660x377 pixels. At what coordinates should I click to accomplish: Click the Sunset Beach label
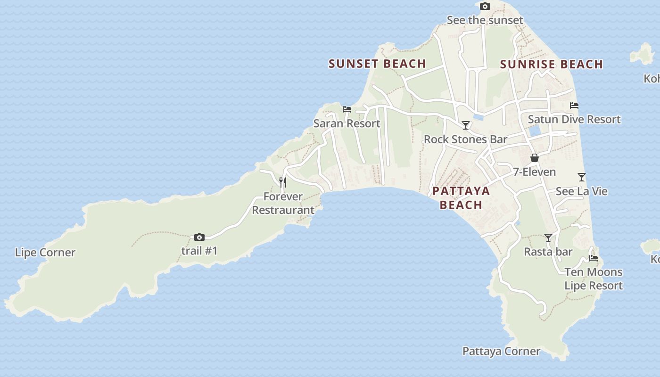click(377, 64)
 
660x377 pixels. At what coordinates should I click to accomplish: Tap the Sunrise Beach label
click(551, 64)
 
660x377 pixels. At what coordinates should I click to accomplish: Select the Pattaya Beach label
click(461, 198)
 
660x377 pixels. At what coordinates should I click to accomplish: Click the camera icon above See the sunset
click(485, 7)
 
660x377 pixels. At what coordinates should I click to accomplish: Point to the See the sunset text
click(485, 20)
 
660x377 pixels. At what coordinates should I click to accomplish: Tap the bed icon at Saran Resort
click(347, 109)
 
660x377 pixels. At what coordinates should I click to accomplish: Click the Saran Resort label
click(346, 123)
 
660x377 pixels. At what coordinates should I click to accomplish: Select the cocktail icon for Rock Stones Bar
click(466, 125)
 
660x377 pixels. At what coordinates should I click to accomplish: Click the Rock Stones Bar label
click(465, 139)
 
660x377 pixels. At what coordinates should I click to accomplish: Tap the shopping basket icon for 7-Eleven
click(535, 158)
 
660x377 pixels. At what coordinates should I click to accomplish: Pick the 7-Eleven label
click(534, 172)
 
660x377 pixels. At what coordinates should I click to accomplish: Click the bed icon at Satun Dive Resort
click(574, 106)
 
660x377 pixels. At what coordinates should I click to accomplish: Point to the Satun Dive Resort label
click(574, 120)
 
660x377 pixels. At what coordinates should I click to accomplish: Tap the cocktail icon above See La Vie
click(582, 177)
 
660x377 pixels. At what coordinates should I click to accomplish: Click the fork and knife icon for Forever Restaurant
click(283, 182)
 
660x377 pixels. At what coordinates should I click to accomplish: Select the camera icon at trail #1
click(199, 237)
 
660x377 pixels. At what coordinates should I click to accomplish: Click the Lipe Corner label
click(45, 253)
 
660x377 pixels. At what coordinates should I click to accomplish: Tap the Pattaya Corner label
click(501, 352)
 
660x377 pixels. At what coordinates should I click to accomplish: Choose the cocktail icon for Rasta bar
click(548, 238)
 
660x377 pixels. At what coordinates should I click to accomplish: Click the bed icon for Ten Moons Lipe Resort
click(594, 258)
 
